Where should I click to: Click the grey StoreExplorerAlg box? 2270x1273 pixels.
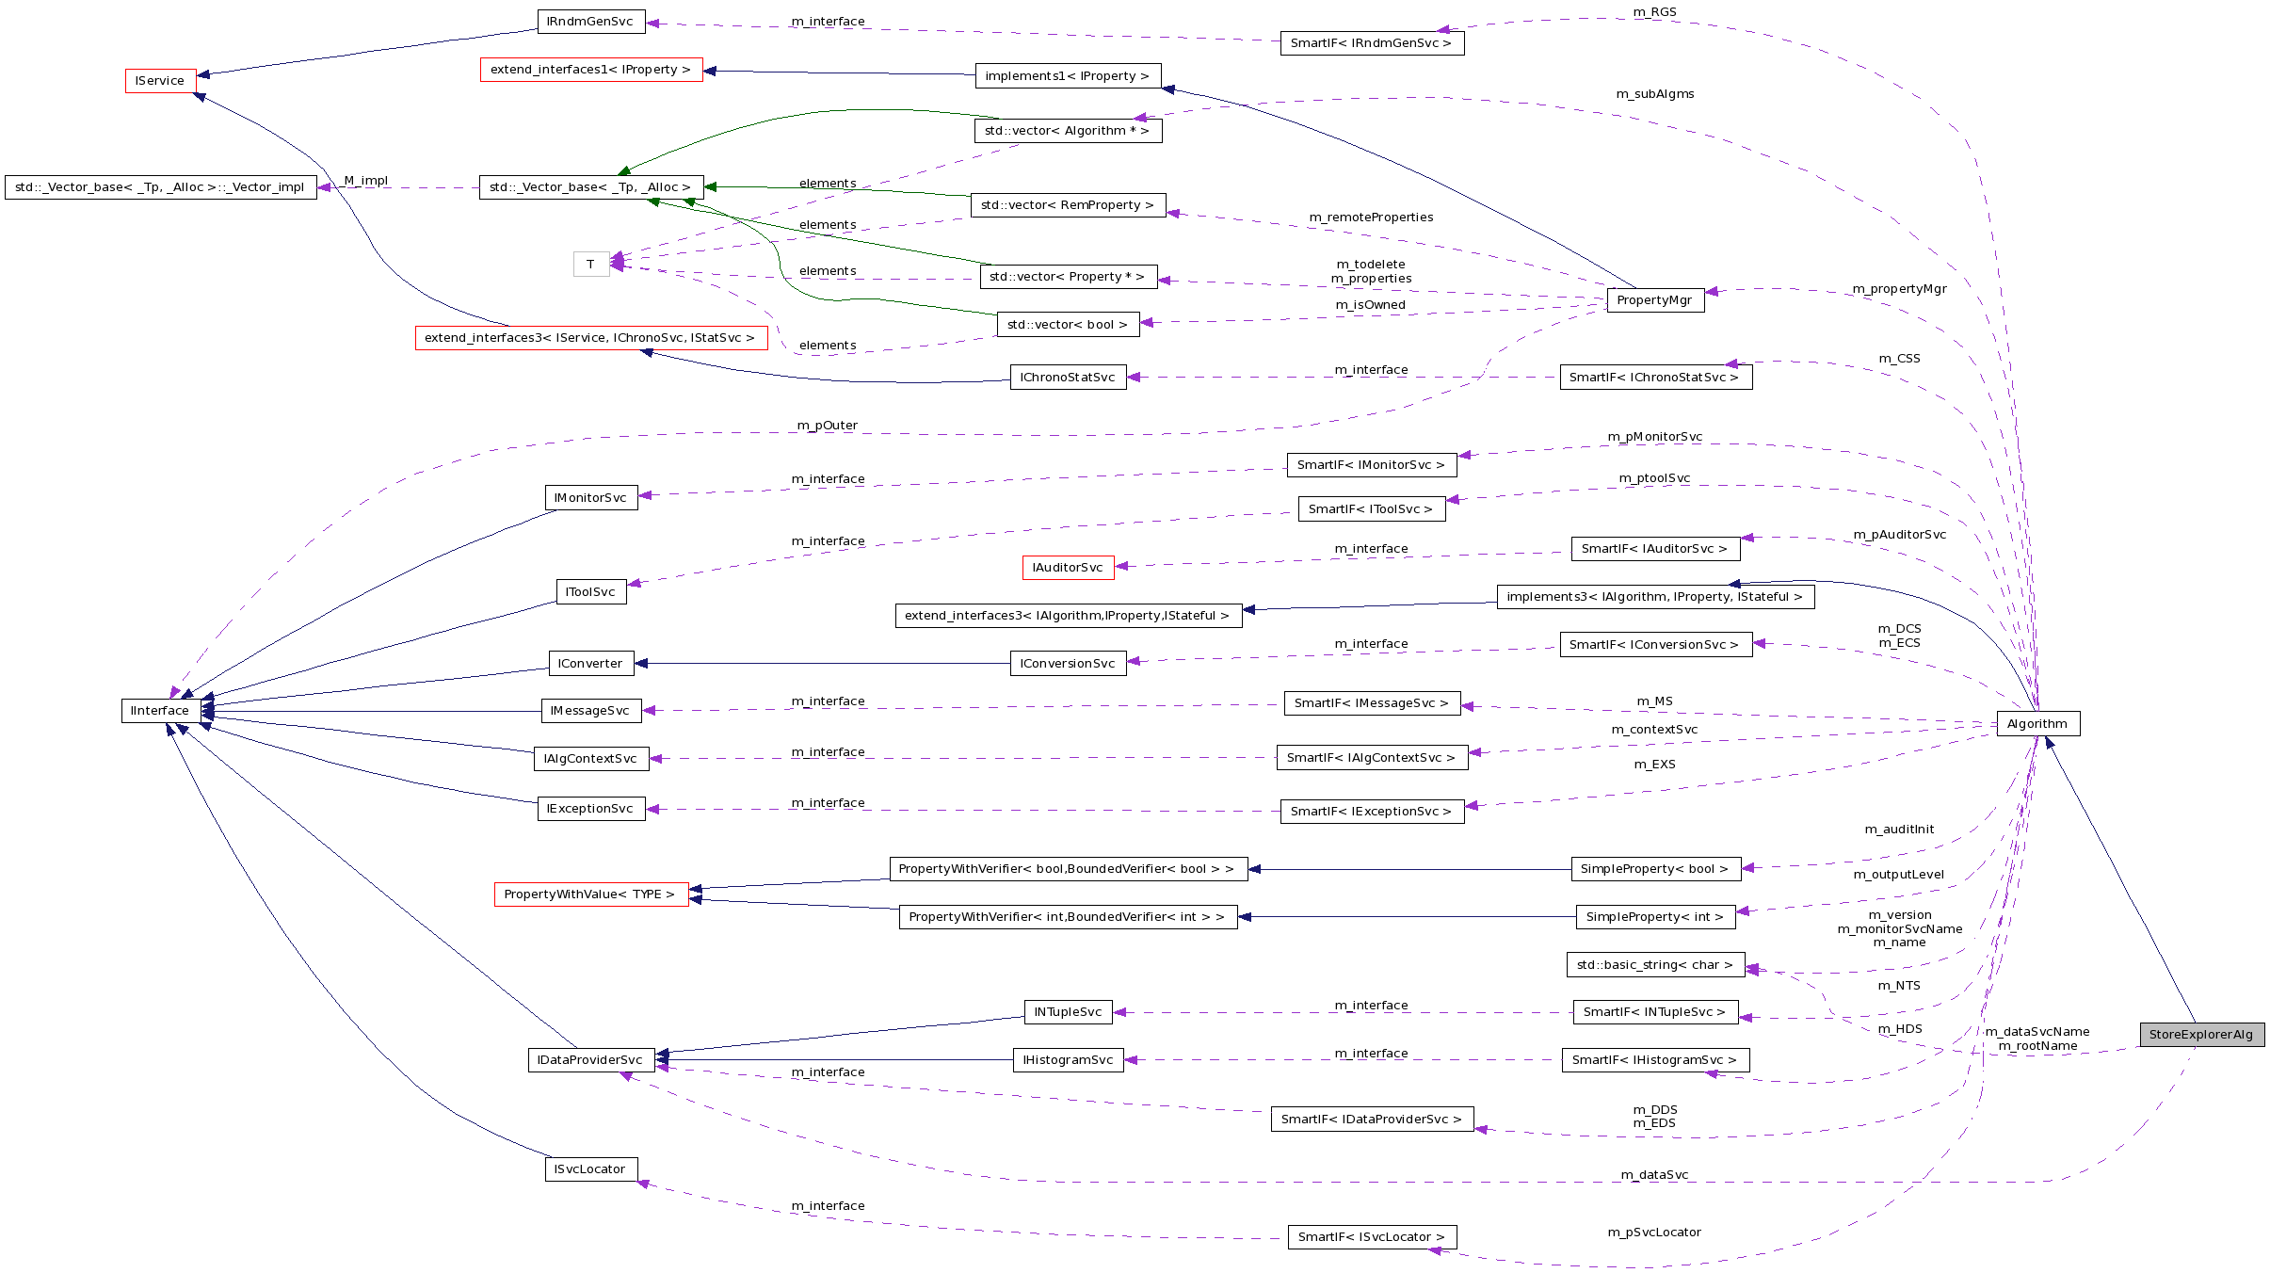2201,1034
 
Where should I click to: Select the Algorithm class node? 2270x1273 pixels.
2037,723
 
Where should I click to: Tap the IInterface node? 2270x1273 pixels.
160,710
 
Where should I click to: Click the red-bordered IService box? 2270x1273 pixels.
160,81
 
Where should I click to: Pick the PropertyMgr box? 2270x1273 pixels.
1654,299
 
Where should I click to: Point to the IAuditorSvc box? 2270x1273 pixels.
1068,567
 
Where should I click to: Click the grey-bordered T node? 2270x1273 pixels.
590,264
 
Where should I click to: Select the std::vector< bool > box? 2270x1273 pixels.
1067,324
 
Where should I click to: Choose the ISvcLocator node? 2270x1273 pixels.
590,1168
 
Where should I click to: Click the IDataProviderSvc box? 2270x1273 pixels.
590,1059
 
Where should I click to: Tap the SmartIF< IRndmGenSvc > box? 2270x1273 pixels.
1371,42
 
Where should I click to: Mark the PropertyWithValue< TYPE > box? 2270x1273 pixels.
590,894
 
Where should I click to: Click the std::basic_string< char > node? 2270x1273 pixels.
1654,964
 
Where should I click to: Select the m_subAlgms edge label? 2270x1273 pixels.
1654,94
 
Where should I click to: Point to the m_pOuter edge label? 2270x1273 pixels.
827,426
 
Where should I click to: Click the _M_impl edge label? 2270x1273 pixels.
364,181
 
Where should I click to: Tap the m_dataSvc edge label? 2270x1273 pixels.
1654,1175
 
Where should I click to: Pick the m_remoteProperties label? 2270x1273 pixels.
1371,218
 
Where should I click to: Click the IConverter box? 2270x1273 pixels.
590,663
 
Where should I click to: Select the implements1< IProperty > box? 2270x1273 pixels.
1067,75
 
